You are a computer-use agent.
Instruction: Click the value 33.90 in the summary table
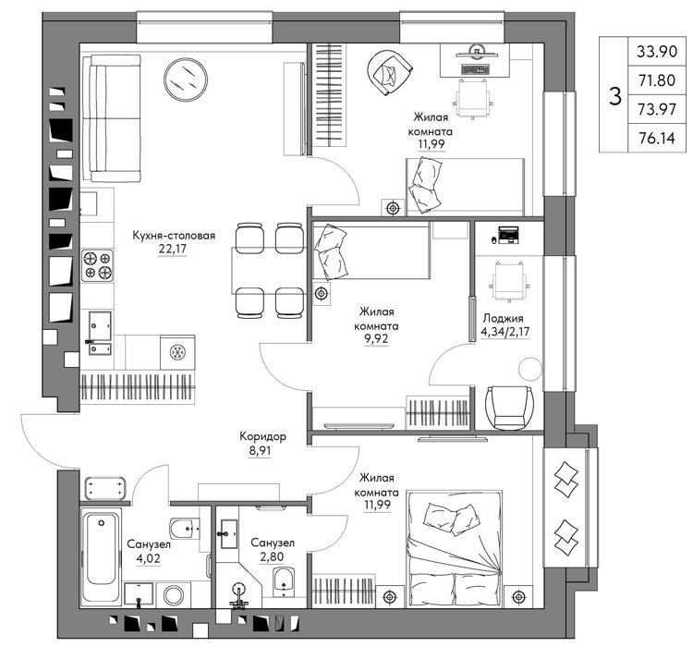click(656, 52)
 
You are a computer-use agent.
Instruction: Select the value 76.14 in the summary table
click(656, 139)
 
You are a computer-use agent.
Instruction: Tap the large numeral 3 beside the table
click(614, 96)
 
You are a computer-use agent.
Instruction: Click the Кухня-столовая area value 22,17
click(173, 249)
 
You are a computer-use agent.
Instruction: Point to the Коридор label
click(262, 436)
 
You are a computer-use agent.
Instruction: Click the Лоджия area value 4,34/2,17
click(505, 332)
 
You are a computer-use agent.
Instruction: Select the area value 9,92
click(376, 339)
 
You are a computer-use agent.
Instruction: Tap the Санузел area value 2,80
click(272, 556)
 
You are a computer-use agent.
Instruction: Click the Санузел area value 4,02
click(148, 558)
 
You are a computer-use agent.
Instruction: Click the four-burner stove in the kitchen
click(97, 265)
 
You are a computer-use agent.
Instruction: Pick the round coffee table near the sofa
click(186, 79)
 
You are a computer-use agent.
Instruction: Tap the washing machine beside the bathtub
click(174, 595)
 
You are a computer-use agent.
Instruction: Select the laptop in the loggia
click(508, 235)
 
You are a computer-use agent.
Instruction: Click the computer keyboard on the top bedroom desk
click(476, 69)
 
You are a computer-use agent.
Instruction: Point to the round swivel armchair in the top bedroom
click(390, 72)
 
